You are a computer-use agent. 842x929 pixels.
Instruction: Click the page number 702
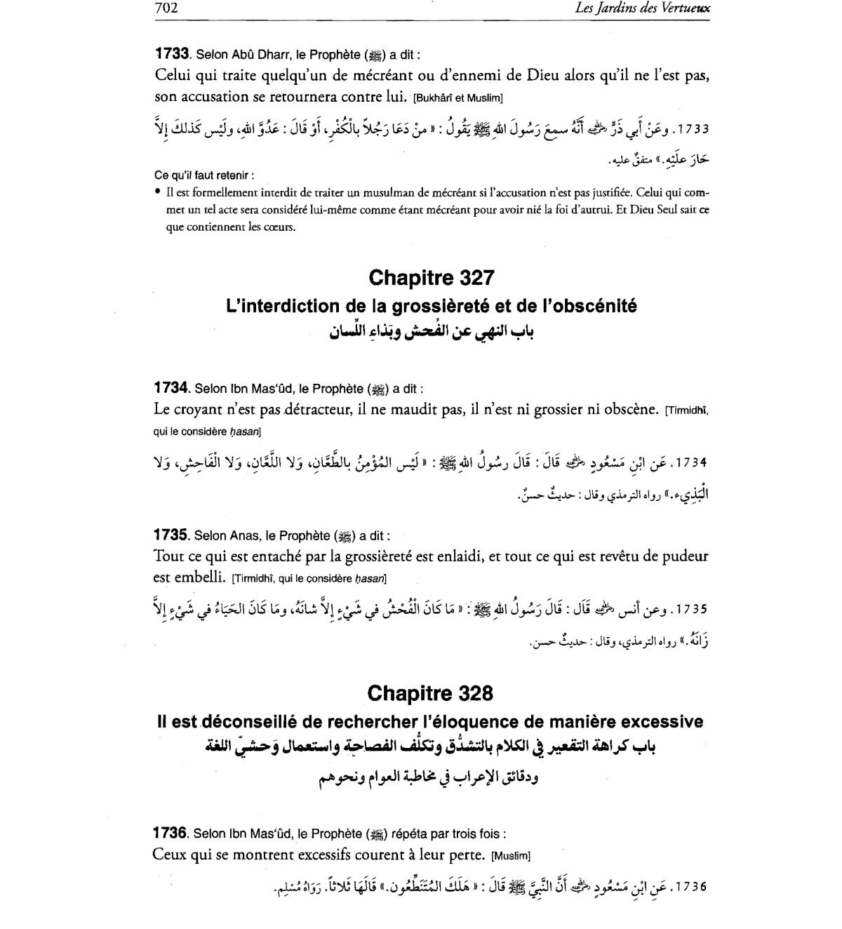(166, 8)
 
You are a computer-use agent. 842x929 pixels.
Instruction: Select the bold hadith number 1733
(172, 54)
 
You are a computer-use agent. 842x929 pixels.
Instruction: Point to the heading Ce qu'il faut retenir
(203, 175)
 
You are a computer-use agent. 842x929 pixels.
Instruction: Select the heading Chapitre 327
(432, 278)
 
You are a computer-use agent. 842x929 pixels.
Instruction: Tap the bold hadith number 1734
(171, 388)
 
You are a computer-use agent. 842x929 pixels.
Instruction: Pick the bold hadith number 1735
(171, 535)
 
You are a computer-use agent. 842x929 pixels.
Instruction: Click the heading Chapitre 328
(430, 693)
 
